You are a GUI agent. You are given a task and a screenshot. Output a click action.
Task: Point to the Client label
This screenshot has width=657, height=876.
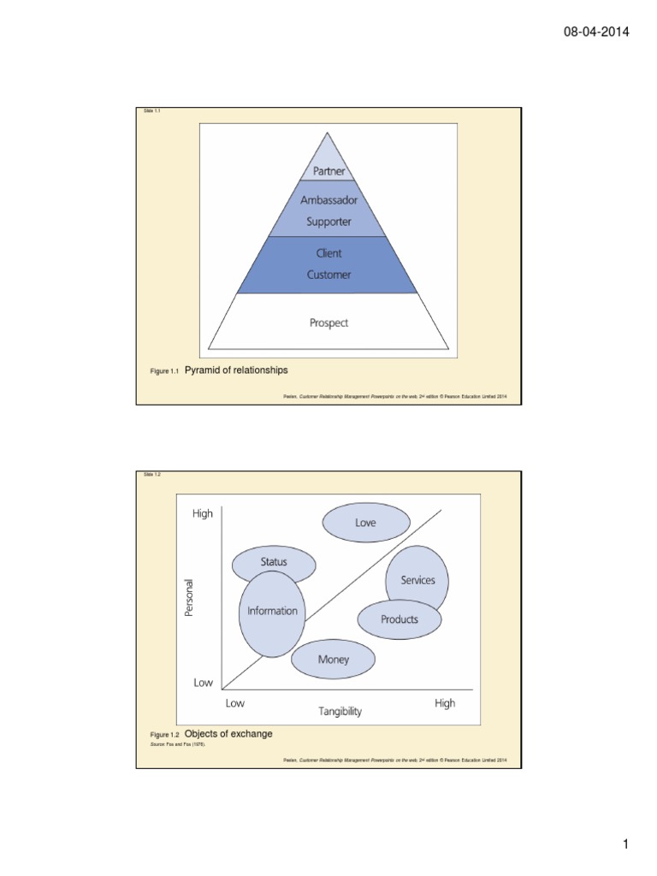click(328, 253)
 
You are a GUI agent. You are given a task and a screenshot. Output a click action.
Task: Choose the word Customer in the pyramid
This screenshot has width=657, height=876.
click(328, 275)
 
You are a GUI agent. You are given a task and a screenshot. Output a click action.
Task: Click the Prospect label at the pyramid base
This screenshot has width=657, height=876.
click(328, 323)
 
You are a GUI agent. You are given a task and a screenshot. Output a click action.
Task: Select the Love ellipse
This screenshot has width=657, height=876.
click(365, 523)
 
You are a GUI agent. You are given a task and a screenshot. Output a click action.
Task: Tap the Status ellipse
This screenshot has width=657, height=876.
click(274, 562)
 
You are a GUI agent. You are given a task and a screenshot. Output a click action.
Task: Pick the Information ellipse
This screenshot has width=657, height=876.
click(272, 613)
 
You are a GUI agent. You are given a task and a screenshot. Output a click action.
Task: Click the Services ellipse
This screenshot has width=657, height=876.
click(417, 580)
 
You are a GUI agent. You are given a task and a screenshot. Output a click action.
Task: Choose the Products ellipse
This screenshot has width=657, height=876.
click(400, 619)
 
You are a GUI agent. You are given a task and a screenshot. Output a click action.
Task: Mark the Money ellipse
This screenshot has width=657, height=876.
click(333, 660)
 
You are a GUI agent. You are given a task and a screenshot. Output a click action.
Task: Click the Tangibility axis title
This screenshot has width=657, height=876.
click(340, 711)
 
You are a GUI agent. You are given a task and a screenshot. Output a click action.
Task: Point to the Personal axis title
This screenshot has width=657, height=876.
click(191, 598)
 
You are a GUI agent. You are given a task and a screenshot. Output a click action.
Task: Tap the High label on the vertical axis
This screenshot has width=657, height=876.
click(203, 513)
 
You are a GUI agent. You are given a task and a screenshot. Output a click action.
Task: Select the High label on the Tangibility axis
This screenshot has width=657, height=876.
click(445, 703)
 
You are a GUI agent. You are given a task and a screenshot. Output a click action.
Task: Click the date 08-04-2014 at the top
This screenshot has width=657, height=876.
click(596, 33)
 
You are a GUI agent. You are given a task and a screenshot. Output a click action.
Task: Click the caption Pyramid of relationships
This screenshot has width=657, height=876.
click(237, 370)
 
